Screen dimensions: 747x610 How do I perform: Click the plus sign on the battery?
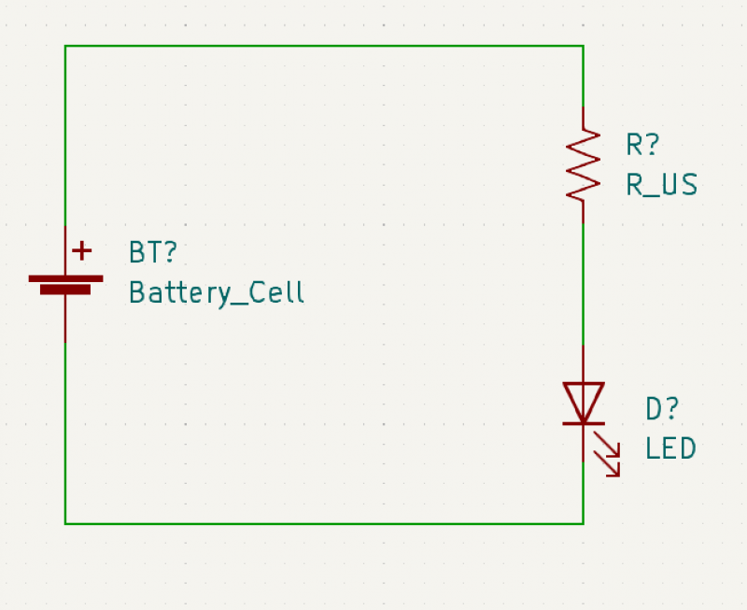pos(82,250)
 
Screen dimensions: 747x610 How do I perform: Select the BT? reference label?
pos(153,252)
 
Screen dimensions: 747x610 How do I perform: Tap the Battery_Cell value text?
pos(217,292)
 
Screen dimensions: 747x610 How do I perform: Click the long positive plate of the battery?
pos(65,278)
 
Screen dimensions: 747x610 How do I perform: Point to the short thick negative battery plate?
pos(65,290)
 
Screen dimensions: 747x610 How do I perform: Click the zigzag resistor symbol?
pos(583,165)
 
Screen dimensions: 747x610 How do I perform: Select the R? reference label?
pos(642,145)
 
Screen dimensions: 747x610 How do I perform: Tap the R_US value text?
pos(662,185)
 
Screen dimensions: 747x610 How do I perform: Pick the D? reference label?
pos(662,409)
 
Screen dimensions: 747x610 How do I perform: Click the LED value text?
pos(670,448)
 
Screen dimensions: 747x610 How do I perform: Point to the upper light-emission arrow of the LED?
pos(606,444)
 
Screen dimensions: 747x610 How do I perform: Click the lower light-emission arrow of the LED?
pos(606,463)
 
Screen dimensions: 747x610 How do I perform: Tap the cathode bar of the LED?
pos(584,423)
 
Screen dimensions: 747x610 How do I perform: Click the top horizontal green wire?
pos(324,46)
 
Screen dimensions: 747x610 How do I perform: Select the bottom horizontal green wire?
pos(324,524)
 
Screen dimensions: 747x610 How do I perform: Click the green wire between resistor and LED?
pos(583,285)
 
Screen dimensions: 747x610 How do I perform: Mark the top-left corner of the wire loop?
pos(65,46)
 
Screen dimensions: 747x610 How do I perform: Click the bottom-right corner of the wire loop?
pos(583,524)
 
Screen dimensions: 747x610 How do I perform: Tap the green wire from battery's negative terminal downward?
pos(65,433)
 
